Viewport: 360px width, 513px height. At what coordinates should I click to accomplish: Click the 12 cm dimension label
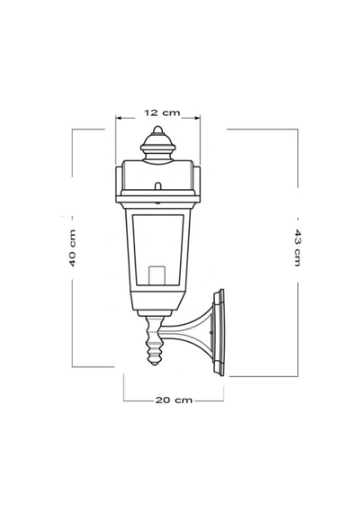pyautogui.click(x=162, y=112)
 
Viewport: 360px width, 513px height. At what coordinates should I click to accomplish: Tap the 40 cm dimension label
pyautogui.click(x=72, y=247)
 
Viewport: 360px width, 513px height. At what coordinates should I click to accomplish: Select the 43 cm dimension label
pyautogui.click(x=297, y=247)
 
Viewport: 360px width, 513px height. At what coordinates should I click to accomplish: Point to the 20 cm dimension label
pyautogui.click(x=174, y=400)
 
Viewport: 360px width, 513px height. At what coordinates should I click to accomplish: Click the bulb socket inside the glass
pyautogui.click(x=157, y=275)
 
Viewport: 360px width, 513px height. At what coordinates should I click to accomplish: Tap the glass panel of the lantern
pyautogui.click(x=157, y=249)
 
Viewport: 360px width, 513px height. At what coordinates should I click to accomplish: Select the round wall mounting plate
pyautogui.click(x=219, y=332)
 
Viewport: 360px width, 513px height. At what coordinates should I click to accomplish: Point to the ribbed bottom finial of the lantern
pyautogui.click(x=155, y=340)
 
